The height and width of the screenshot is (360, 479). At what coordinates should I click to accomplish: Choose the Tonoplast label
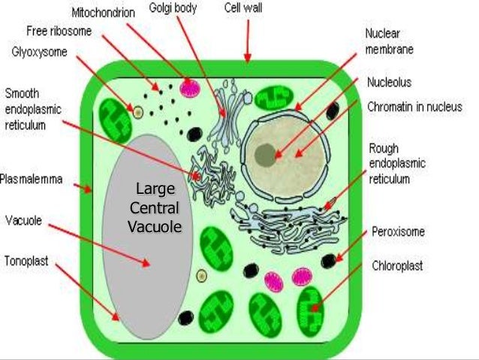click(x=29, y=262)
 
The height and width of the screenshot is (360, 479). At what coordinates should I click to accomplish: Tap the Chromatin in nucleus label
click(x=414, y=107)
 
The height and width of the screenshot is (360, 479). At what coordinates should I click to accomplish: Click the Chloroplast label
click(x=398, y=265)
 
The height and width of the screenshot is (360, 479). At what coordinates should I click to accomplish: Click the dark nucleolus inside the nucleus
click(x=265, y=155)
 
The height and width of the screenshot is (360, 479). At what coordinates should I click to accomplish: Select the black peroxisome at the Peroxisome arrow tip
click(x=329, y=261)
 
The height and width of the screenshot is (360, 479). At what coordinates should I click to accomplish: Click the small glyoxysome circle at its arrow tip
click(x=137, y=112)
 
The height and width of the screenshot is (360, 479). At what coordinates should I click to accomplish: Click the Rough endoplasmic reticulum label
click(x=397, y=162)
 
